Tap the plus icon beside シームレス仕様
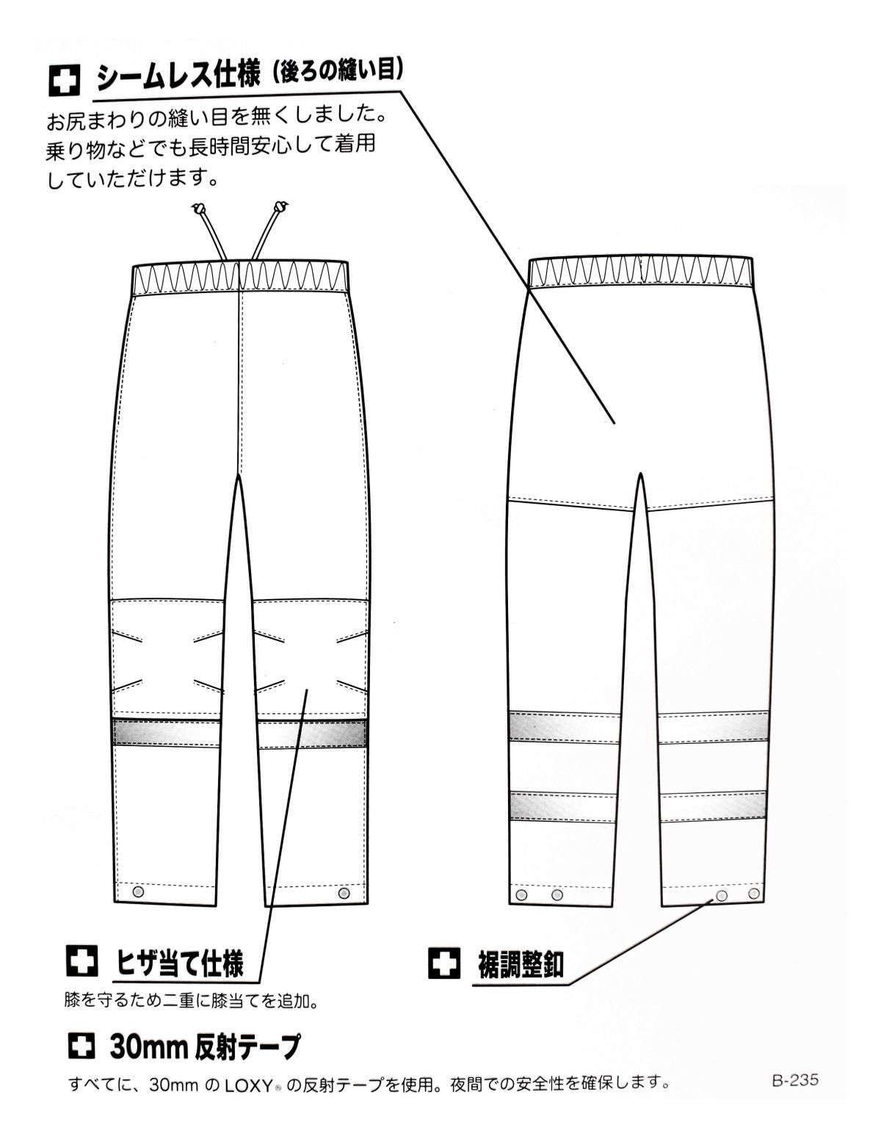[65, 80]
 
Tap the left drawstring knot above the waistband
[198, 209]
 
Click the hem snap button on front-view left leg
[138, 891]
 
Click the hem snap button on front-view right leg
[344, 891]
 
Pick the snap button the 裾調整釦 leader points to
[722, 896]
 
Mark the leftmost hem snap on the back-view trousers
[521, 894]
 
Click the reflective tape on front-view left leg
[166, 732]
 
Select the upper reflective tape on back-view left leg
[563, 726]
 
